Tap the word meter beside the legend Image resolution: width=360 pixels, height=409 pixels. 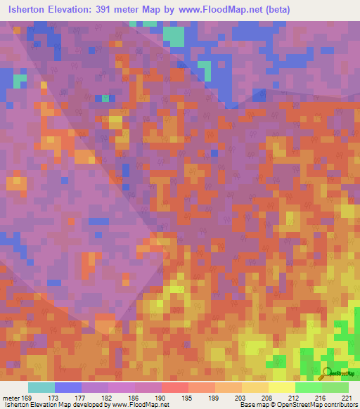pos(11,398)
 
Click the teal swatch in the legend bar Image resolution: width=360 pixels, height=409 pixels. pos(41,387)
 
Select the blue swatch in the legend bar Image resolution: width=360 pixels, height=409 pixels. pos(68,387)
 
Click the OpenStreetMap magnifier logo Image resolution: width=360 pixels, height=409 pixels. pos(328,372)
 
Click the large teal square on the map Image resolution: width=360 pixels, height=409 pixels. pos(172,36)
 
